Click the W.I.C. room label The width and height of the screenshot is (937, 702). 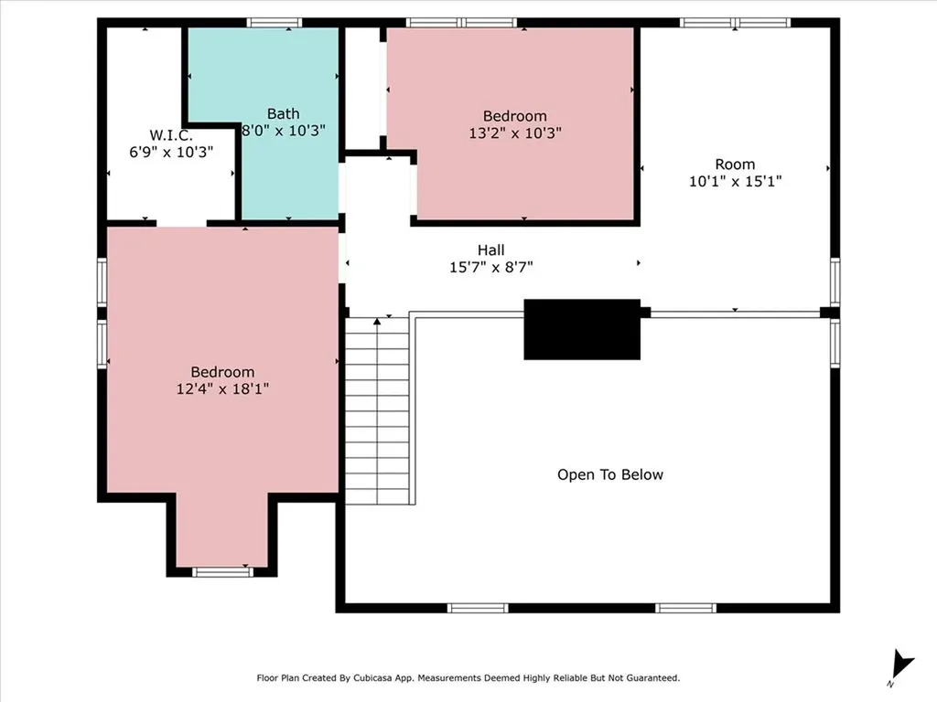coord(170,134)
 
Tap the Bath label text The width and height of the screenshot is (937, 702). coord(283,114)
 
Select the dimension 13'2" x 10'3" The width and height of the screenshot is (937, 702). coord(515,133)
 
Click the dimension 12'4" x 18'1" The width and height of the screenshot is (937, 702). coord(222,388)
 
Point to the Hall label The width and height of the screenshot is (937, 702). coord(490,250)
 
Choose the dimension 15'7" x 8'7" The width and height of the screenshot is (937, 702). coord(490,268)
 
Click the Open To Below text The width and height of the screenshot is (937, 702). coord(610,474)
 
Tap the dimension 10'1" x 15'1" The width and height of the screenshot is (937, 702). coord(735,181)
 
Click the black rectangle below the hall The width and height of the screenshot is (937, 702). coord(582,329)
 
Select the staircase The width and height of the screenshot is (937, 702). coord(378,411)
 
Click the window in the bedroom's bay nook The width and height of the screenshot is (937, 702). coord(222,572)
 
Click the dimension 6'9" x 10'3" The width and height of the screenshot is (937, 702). coord(170,152)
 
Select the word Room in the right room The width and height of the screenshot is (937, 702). coord(735,165)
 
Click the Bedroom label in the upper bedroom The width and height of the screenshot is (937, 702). coord(515,116)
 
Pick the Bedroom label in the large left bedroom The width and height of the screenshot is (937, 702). coord(222,372)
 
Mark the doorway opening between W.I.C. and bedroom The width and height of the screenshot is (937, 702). coord(181,222)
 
